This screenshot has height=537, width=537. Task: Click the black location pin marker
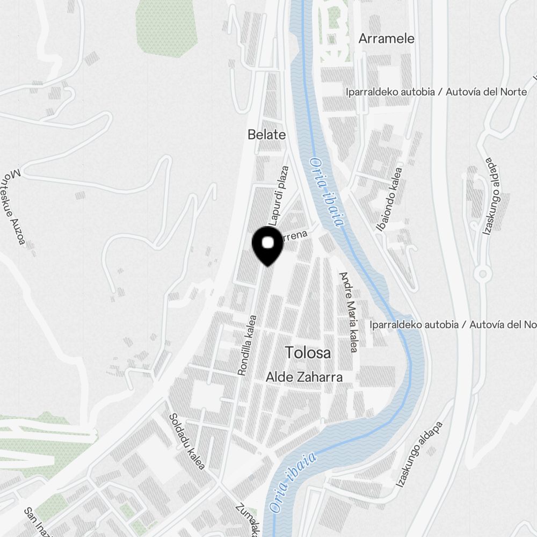[267, 245]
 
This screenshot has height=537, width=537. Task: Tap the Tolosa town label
[308, 353]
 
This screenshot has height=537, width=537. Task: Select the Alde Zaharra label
[304, 378]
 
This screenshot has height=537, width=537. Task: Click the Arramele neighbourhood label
[386, 39]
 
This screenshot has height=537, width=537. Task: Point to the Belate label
[266, 134]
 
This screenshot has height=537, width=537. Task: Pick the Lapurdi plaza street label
[279, 195]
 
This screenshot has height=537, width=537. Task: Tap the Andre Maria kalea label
[347, 312]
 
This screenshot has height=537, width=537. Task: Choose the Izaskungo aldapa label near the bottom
[420, 454]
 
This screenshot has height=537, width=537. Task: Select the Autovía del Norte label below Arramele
[437, 91]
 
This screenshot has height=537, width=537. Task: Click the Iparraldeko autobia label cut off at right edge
[453, 324]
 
